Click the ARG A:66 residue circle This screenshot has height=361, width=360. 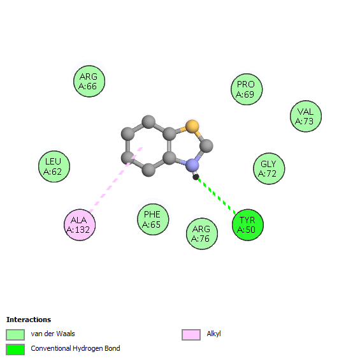89,81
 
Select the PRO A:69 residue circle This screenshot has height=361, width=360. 247,89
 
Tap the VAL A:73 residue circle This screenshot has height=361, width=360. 306,116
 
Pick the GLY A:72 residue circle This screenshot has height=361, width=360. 269,168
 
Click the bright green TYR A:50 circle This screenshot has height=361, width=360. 248,225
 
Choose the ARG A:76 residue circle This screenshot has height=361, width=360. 202,233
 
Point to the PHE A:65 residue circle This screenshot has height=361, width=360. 153,219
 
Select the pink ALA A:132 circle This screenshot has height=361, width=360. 80,225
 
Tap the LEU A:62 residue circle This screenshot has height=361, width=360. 54,166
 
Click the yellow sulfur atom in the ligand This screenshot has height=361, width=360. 192,126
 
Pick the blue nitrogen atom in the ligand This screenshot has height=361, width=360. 192,165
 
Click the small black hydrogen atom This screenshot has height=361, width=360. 196,177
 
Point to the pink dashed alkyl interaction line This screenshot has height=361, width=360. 116,180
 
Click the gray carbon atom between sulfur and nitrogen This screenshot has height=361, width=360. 206,145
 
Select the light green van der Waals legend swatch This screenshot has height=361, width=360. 15,334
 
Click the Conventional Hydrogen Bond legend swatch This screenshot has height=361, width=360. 15,350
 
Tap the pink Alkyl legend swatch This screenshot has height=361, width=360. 191,334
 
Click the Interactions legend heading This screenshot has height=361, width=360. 29,320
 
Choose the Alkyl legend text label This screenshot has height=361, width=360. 213,334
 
